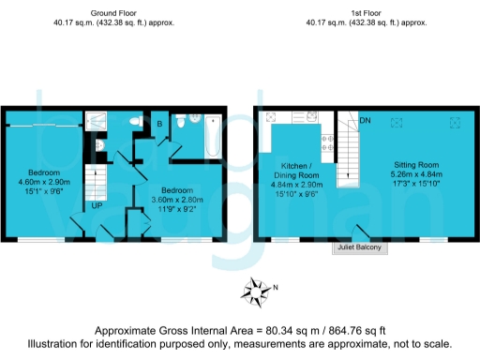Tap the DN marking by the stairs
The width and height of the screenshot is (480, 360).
point(367,120)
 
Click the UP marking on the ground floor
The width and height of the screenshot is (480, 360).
point(97,205)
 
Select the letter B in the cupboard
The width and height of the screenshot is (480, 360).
point(159,123)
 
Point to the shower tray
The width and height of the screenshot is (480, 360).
point(96,122)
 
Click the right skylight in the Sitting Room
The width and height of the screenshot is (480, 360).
point(457,122)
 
